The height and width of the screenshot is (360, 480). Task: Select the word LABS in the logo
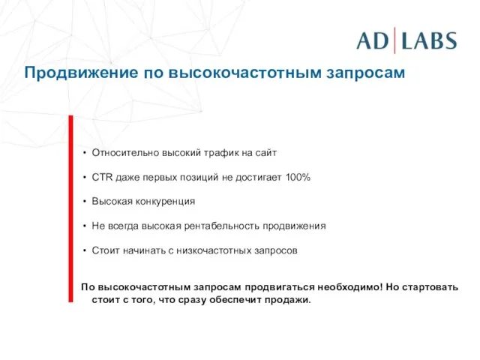point(429,40)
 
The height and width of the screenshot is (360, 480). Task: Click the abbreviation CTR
point(102,177)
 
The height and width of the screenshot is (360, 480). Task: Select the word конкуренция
point(163,201)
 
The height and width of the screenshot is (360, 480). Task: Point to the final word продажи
point(289,300)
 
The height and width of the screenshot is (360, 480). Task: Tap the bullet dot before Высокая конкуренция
point(85,201)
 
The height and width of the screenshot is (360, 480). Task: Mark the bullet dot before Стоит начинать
point(85,250)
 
